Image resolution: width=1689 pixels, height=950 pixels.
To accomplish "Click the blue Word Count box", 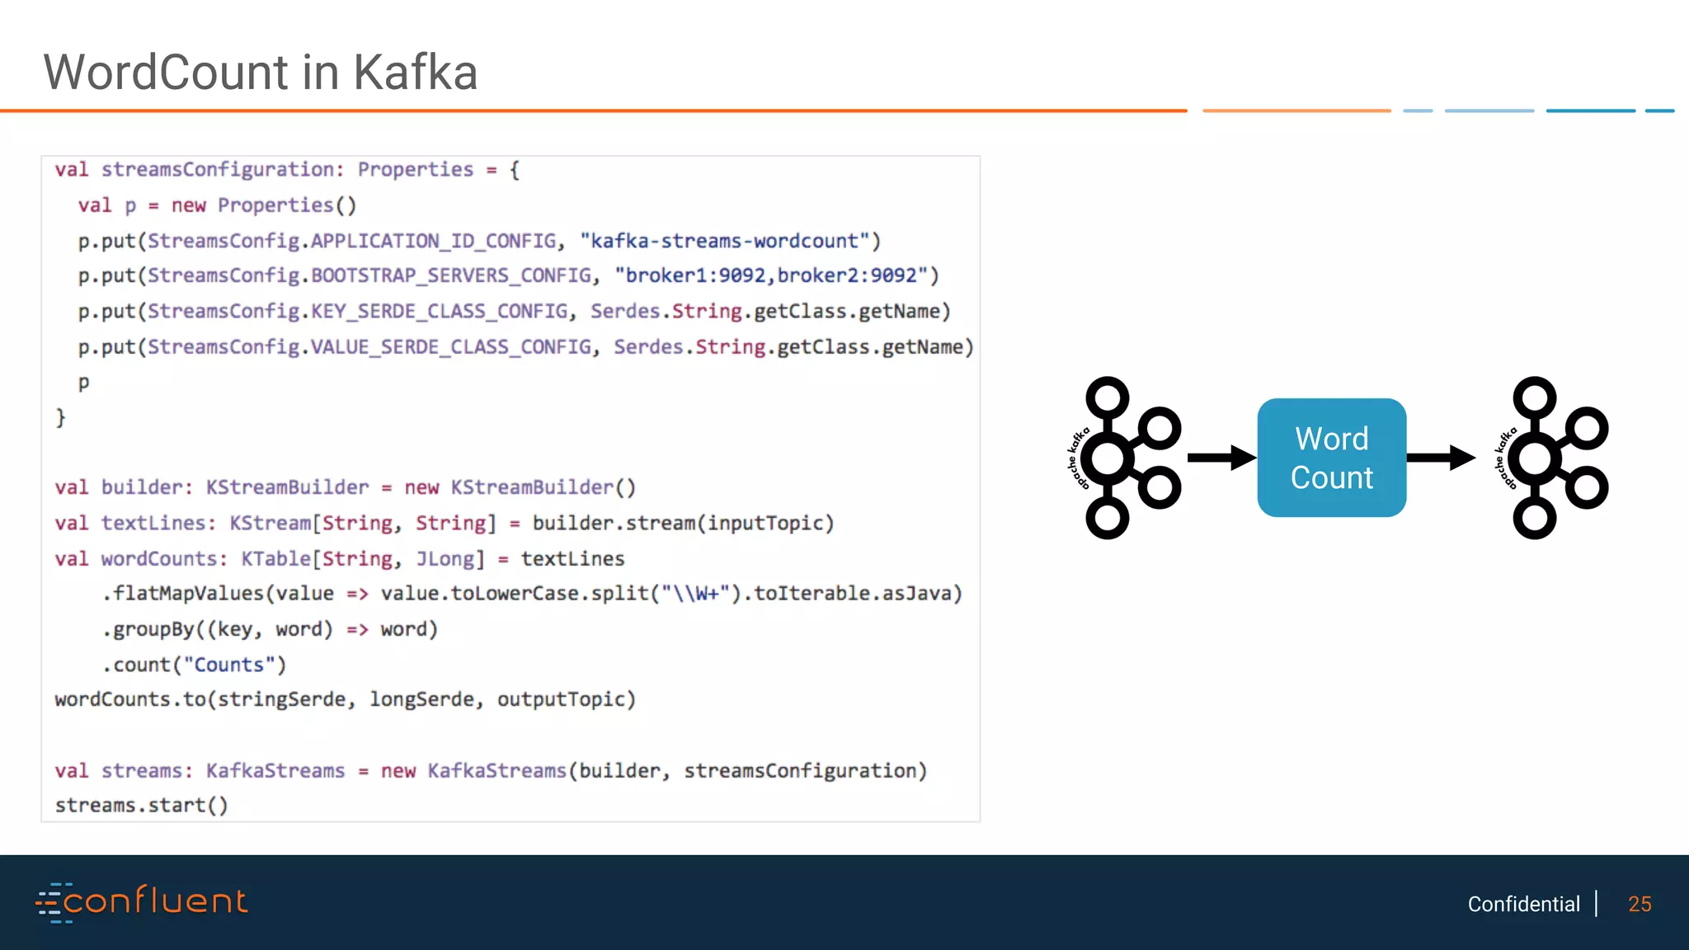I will tap(1331, 458).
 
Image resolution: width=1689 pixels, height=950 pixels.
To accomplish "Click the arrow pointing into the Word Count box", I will tap(1221, 458).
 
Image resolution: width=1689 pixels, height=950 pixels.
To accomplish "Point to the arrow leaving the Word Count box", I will tap(1440, 458).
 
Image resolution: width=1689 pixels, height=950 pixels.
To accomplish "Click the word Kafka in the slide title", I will tap(416, 73).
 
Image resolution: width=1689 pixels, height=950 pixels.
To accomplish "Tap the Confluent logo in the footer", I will tap(142, 902).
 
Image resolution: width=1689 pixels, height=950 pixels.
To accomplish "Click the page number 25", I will tap(1640, 905).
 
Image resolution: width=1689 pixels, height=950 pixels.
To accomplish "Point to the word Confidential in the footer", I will tap(1523, 905).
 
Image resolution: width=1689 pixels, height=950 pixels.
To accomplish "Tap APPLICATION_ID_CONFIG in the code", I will tap(433, 241).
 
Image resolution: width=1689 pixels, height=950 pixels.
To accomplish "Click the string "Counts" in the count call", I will tap(228, 665).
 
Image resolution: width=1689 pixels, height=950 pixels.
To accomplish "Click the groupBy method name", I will tap(153, 629).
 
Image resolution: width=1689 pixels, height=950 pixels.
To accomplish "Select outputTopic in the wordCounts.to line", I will tap(565, 699).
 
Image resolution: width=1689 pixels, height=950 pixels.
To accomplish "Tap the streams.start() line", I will tap(141, 805).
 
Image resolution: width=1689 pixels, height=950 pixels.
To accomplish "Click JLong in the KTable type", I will tap(445, 559).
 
